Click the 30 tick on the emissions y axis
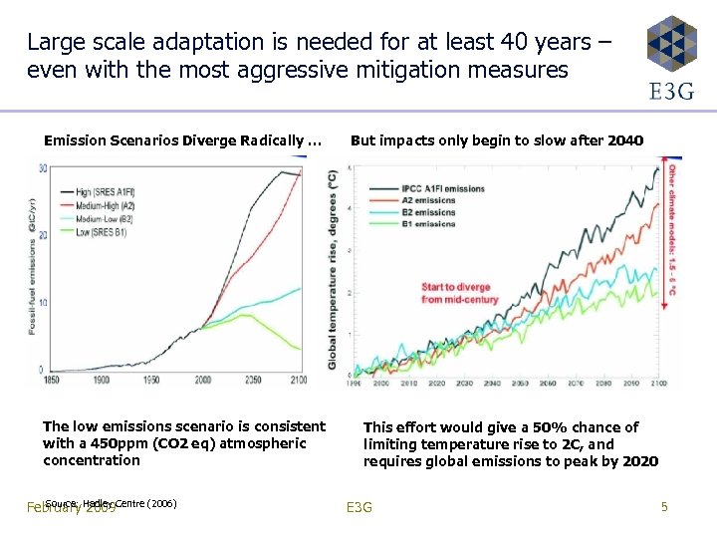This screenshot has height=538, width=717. click(x=43, y=168)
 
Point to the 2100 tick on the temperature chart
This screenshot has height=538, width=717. click(x=656, y=383)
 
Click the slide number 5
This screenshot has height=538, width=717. click(x=664, y=507)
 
